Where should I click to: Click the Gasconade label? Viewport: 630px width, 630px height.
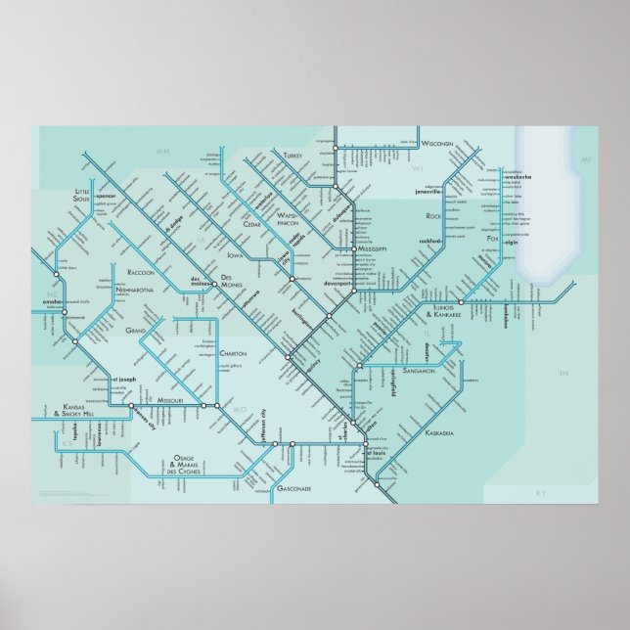tap(293, 486)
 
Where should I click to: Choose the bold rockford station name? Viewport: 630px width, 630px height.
tap(430, 240)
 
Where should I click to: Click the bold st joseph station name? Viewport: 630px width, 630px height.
tap(128, 374)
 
